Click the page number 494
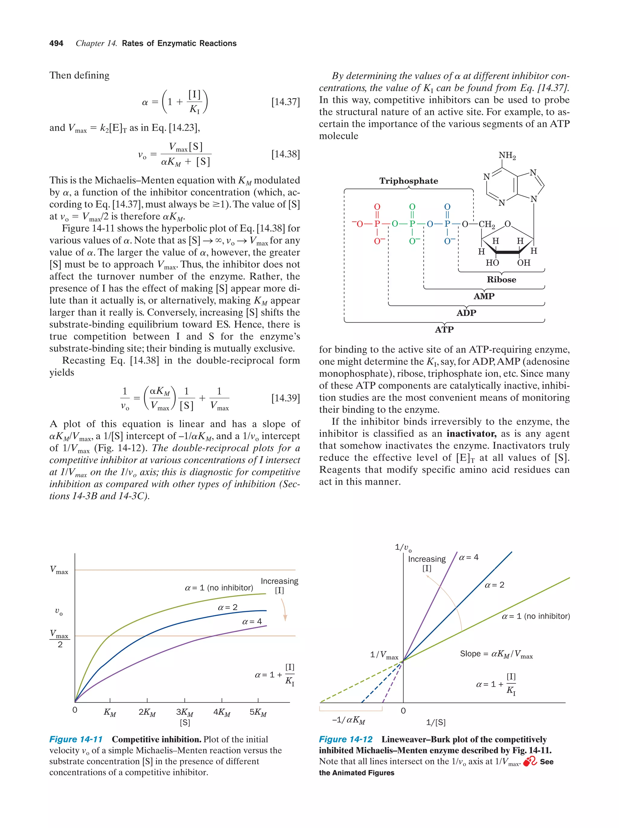[56, 43]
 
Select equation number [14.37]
[285, 102]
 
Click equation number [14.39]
[285, 398]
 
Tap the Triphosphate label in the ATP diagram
[409, 181]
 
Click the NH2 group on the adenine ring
[507, 155]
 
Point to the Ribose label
[501, 280]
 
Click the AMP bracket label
[484, 296]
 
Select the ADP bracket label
[466, 313]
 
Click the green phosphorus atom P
[412, 224]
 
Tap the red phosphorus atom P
[377, 224]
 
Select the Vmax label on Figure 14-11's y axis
[59, 570]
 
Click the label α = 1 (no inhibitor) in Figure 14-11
[219, 588]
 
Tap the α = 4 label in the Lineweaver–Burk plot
[468, 557]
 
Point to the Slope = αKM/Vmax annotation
[496, 654]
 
